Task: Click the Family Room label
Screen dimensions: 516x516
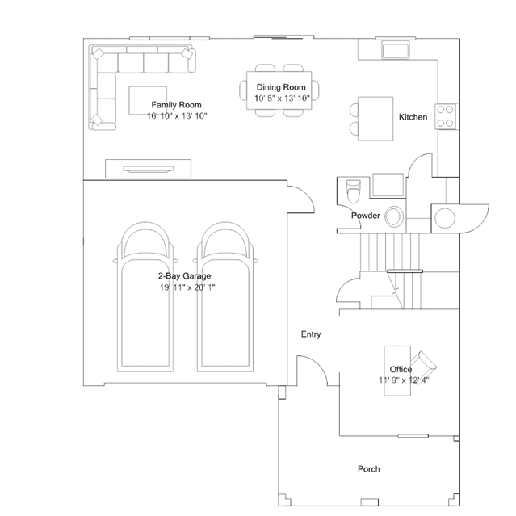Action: coord(176,105)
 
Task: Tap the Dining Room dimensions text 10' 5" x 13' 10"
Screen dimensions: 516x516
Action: coord(282,98)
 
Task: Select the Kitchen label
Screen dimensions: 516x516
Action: coord(413,117)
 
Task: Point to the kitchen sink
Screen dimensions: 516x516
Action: coord(395,50)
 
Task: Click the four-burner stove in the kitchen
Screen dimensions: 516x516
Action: coord(445,116)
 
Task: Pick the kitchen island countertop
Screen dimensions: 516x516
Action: coord(375,119)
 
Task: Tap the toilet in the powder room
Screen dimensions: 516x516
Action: coord(354,191)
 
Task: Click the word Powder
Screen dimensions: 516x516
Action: coord(366,216)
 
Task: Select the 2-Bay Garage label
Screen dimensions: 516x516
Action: coord(184,276)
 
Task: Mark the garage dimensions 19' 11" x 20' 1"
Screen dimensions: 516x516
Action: coord(187,287)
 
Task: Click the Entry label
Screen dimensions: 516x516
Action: coord(311,334)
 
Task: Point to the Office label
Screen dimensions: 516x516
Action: coord(401,369)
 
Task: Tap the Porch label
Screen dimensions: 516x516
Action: coord(369,469)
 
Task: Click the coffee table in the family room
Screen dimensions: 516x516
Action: coord(148,100)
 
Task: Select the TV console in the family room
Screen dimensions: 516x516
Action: coord(148,169)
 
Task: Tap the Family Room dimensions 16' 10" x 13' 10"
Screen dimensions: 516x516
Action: coord(177,115)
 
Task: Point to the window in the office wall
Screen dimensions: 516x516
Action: coord(413,436)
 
